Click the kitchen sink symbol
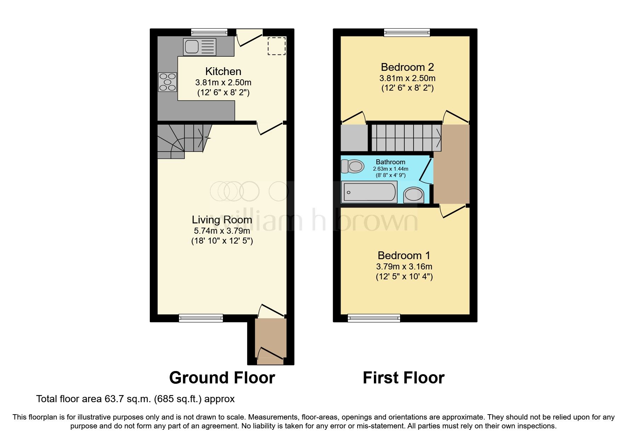199,47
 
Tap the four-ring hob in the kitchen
167,82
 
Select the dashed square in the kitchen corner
276,46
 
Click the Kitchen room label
223,72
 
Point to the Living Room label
222,220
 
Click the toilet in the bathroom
352,166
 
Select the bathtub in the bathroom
369,192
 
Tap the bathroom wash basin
414,195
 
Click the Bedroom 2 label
407,67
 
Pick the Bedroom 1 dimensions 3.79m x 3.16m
404,267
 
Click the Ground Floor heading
222,378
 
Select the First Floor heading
403,378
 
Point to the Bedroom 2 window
407,33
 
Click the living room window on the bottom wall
201,318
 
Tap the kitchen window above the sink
209,33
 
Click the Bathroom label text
391,162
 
